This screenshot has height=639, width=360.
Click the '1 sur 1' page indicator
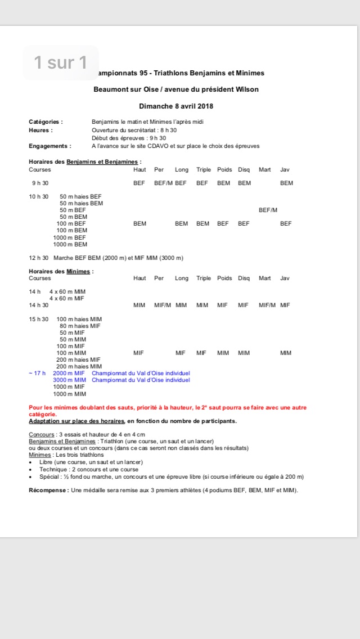coord(61,62)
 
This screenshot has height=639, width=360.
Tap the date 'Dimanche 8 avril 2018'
coord(176,106)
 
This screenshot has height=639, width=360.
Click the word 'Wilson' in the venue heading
coord(247,89)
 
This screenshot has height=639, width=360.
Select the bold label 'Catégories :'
coord(46,121)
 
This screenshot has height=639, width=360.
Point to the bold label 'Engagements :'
coord(49,146)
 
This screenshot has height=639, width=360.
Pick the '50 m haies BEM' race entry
coord(82,203)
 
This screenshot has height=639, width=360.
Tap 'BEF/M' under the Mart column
coord(268,210)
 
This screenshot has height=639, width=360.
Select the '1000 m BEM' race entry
coord(70,244)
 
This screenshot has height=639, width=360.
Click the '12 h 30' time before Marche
coord(39,258)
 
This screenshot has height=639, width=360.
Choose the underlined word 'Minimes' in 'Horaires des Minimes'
coord(78,271)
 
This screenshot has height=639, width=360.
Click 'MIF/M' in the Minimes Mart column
coord(267,305)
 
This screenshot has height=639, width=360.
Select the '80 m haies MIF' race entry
coord(80,326)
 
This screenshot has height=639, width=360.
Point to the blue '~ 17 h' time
coord(37,373)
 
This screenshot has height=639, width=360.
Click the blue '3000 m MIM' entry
coord(69,380)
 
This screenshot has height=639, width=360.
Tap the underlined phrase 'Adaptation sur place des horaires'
coord(76,421)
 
